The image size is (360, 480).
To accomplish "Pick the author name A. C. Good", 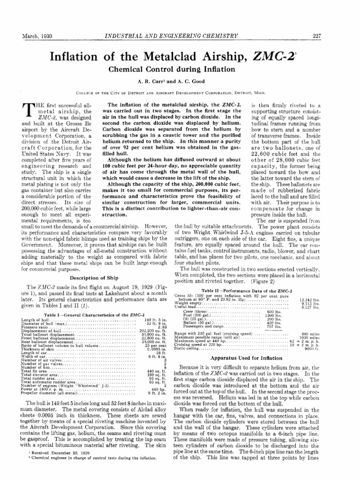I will pos(202,79).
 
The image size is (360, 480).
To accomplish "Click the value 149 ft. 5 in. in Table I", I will pos(155,320).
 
